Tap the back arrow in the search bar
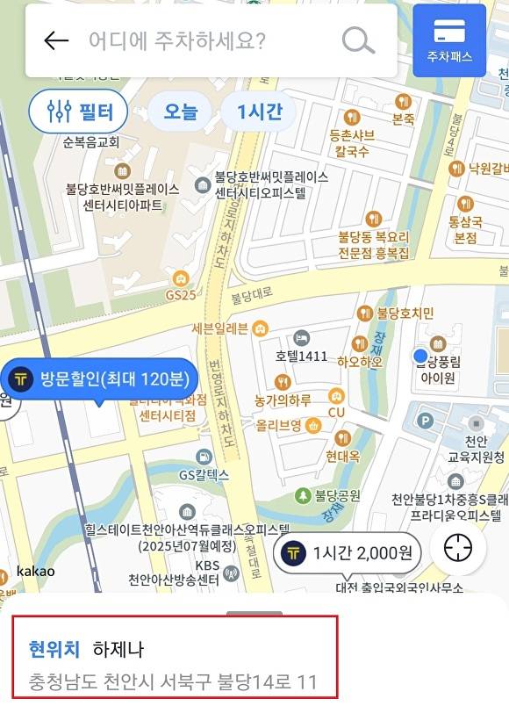[x=56, y=40]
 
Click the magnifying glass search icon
[x=357, y=40]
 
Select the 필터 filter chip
[x=78, y=112]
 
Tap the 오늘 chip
[x=180, y=112]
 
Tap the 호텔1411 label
[x=301, y=357]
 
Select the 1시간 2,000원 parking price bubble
[x=350, y=553]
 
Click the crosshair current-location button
[x=457, y=549]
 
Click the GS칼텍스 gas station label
[x=204, y=475]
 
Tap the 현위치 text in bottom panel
[x=54, y=650]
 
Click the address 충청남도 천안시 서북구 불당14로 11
[x=173, y=682]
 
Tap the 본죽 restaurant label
[x=403, y=118]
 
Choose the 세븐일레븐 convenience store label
[x=220, y=328]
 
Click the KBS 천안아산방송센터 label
[x=175, y=572]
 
